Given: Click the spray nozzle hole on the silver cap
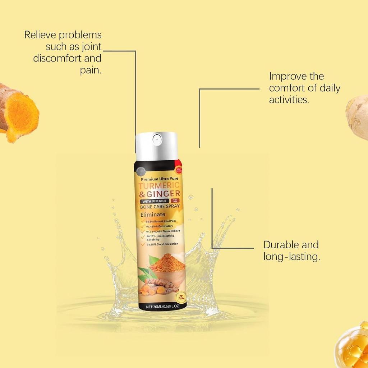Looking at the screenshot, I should (x=156, y=138).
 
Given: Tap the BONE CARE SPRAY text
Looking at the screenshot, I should (x=160, y=207).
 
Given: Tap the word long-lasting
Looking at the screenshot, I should (x=291, y=257).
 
